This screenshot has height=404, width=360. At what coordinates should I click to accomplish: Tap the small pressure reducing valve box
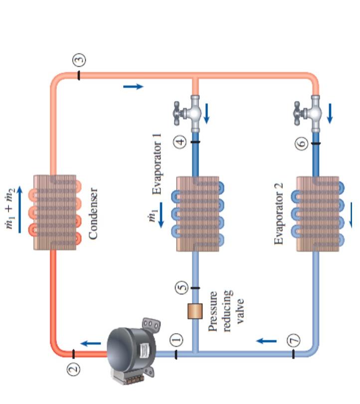point(195,310)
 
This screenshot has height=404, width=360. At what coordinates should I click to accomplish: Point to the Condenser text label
point(94,213)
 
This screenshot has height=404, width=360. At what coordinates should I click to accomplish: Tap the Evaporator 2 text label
point(280,213)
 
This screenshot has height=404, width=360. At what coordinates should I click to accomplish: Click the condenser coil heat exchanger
point(55,212)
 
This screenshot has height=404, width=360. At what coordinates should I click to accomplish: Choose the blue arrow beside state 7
point(267,341)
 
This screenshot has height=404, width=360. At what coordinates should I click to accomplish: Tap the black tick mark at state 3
point(79,76)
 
